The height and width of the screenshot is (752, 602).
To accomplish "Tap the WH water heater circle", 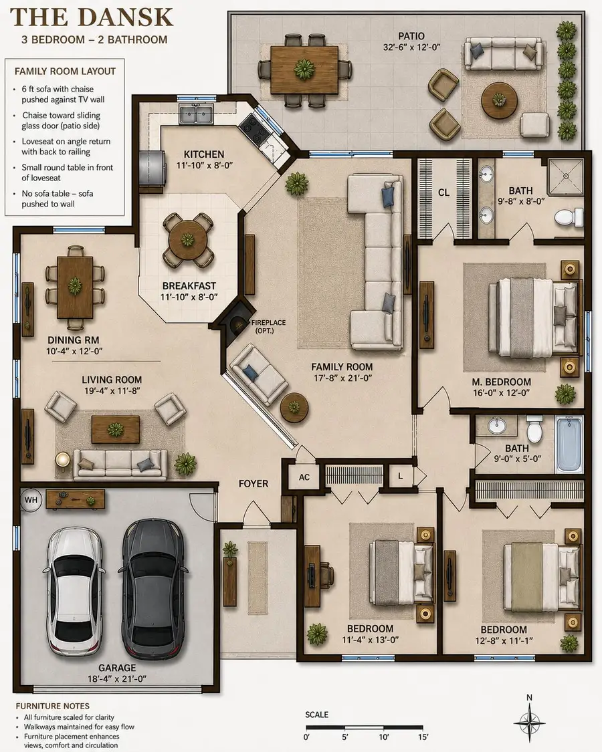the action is (x=31, y=500).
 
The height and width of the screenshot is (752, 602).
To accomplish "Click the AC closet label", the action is (x=304, y=477).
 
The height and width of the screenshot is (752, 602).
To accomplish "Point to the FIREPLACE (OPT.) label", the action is (x=268, y=327).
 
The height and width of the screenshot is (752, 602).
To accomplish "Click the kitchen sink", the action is (x=197, y=114).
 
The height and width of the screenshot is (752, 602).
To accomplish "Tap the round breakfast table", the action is (x=188, y=239).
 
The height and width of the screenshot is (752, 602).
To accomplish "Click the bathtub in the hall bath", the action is (x=569, y=445).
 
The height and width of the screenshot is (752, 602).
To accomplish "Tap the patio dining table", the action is (x=304, y=70).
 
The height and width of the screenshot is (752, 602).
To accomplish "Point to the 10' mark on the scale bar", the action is (x=383, y=737).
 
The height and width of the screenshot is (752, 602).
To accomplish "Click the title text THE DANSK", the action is (x=92, y=17).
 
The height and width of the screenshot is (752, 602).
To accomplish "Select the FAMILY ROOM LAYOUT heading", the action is (x=66, y=72).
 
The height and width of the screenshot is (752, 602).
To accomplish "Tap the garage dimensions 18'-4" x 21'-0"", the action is (x=117, y=678).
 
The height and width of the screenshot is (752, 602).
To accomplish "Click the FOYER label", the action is (x=254, y=484).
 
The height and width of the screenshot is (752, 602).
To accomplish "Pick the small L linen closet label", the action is (x=401, y=477).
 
